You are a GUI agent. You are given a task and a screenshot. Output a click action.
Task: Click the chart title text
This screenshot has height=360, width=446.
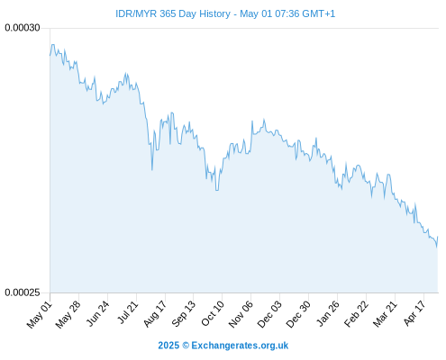[x=225, y=13]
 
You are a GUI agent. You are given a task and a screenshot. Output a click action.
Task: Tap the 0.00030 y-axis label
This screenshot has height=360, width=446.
[x=23, y=28]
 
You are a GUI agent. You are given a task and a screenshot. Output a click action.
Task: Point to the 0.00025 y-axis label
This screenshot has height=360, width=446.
[x=23, y=292]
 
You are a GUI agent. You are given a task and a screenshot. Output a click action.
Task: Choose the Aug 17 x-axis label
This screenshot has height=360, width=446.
[x=154, y=314]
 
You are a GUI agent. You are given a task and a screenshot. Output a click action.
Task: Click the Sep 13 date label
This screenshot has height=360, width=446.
[x=183, y=314]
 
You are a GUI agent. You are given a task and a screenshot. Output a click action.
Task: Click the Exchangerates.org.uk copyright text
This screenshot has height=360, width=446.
[x=223, y=346]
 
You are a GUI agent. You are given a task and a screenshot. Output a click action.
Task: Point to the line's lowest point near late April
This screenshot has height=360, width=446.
[x=436, y=247]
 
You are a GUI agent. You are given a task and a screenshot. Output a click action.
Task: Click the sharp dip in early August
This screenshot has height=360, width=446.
[x=152, y=170]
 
